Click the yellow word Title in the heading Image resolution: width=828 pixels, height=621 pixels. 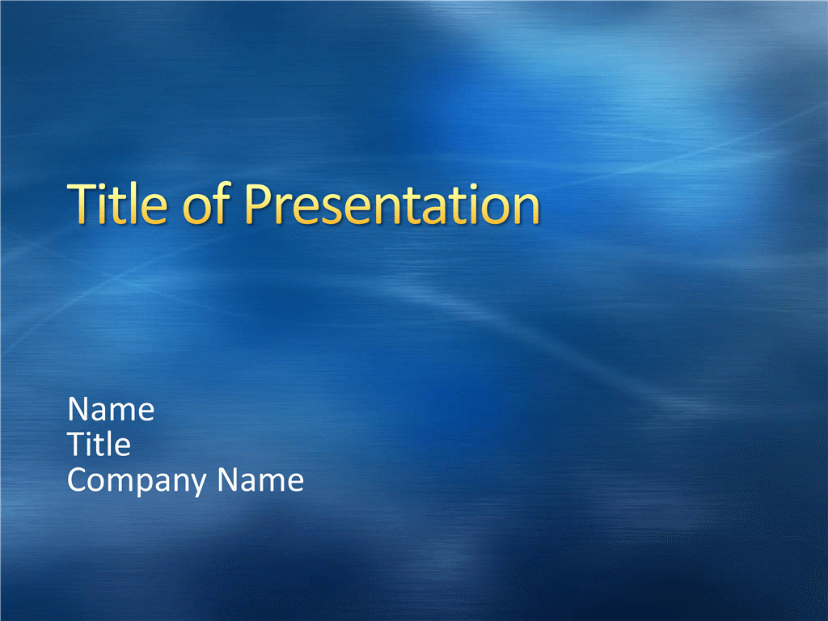pyautogui.click(x=117, y=203)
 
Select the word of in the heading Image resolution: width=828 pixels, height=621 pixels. pyautogui.click(x=206, y=203)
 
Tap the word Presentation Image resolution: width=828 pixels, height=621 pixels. pyautogui.click(x=392, y=204)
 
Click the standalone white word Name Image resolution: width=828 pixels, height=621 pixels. pyautogui.click(x=111, y=409)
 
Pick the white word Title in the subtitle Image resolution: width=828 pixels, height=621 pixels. pyautogui.click(x=99, y=444)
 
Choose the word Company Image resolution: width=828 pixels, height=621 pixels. pyautogui.click(x=137, y=480)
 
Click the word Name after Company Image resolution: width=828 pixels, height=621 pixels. pyautogui.click(x=260, y=479)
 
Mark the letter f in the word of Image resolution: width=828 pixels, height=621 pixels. pyautogui.click(x=222, y=203)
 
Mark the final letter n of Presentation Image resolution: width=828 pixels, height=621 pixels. pyautogui.click(x=527, y=209)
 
